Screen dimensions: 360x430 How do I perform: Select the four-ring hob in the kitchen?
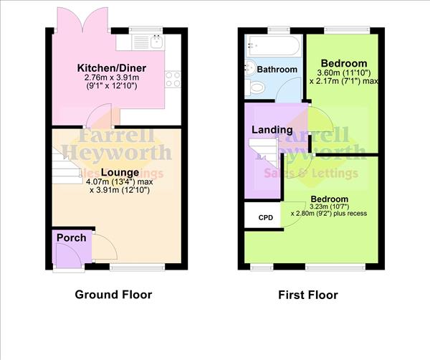172,80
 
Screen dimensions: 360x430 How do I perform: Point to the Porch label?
72,237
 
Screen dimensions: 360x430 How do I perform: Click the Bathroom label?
277,70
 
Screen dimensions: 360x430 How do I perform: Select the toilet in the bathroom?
255,87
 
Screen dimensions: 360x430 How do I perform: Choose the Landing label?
272,130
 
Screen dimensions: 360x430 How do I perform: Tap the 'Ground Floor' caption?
114,295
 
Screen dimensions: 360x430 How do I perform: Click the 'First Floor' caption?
307,295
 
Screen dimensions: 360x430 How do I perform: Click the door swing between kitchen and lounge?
92,117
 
